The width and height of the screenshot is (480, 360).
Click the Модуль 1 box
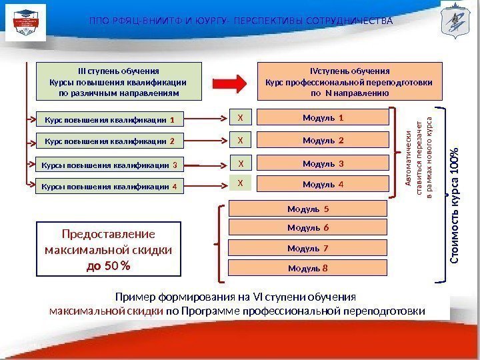(323, 119)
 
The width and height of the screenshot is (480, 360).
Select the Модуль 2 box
(323, 141)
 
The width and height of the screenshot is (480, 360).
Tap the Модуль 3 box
(323, 163)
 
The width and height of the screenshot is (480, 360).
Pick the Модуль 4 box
(323, 184)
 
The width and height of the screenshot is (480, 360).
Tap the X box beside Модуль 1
(241, 119)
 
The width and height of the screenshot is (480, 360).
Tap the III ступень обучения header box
(118, 81)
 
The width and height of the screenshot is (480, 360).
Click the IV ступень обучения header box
(350, 81)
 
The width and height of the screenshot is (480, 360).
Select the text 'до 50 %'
(109, 265)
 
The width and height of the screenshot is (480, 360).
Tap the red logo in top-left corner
(26, 21)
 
